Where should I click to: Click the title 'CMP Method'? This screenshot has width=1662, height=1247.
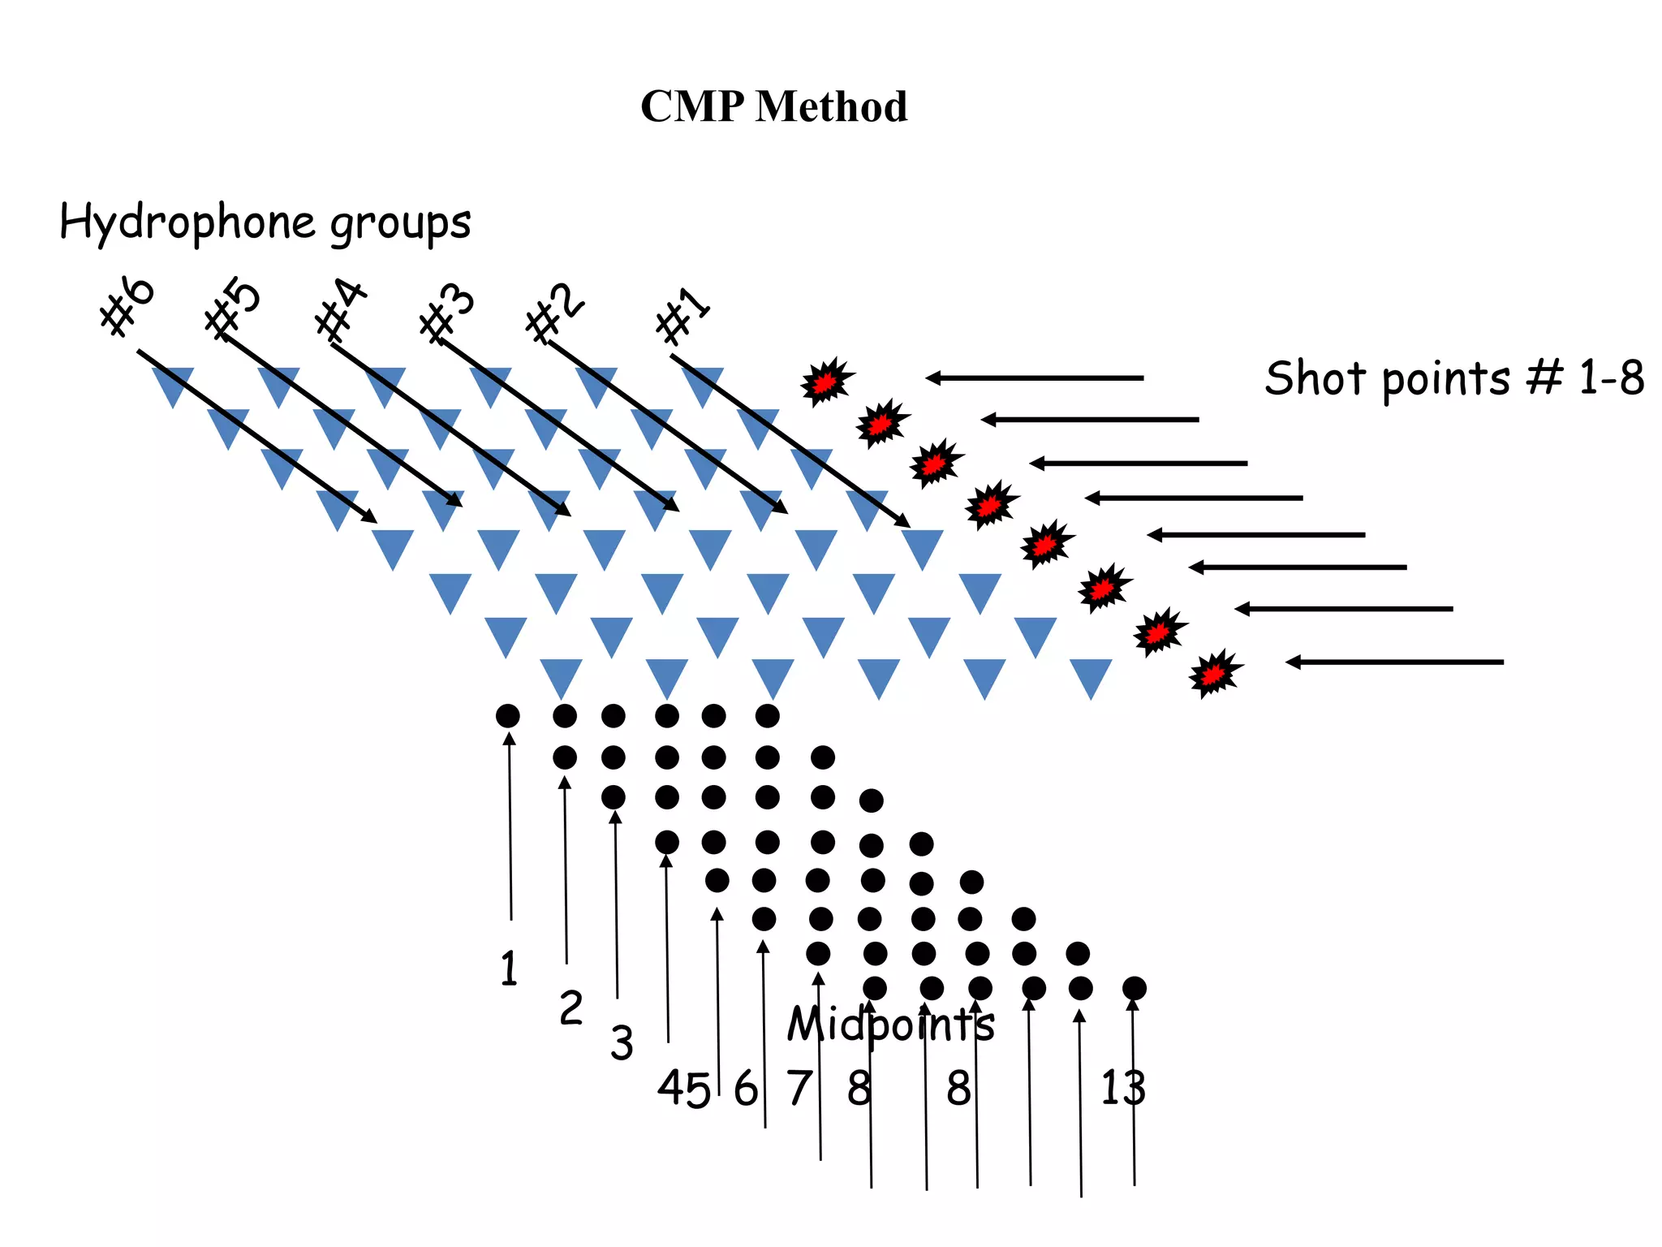pyautogui.click(x=773, y=106)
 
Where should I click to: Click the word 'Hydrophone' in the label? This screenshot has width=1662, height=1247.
pyautogui.click(x=187, y=222)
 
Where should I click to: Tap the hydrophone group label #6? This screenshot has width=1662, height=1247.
pyautogui.click(x=127, y=305)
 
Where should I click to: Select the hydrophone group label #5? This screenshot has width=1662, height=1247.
pyautogui.click(x=233, y=309)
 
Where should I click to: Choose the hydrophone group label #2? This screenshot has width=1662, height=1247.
pyautogui.click(x=555, y=314)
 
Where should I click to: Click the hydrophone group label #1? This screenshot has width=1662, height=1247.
pyautogui.click(x=683, y=316)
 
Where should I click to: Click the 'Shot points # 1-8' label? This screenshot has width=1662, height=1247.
pyautogui.click(x=1454, y=378)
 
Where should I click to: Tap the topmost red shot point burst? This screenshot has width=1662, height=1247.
pyautogui.click(x=826, y=382)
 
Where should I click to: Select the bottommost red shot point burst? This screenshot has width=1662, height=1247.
pyautogui.click(x=1214, y=672)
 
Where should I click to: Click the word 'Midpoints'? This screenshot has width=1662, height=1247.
pyautogui.click(x=890, y=1024)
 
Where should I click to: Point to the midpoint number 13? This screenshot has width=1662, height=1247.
pyautogui.click(x=1122, y=1088)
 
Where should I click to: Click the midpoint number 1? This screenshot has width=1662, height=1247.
pyautogui.click(x=509, y=969)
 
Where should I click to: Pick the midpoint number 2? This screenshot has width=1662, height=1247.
pyautogui.click(x=571, y=1008)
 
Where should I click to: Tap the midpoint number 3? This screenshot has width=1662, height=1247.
pyautogui.click(x=622, y=1043)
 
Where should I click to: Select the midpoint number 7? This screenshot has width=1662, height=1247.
pyautogui.click(x=799, y=1088)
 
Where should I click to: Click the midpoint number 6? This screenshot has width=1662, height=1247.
pyautogui.click(x=745, y=1088)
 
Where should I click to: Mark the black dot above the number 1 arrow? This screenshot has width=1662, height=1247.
pyautogui.click(x=508, y=716)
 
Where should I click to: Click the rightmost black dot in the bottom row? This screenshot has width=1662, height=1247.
pyautogui.click(x=1135, y=988)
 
